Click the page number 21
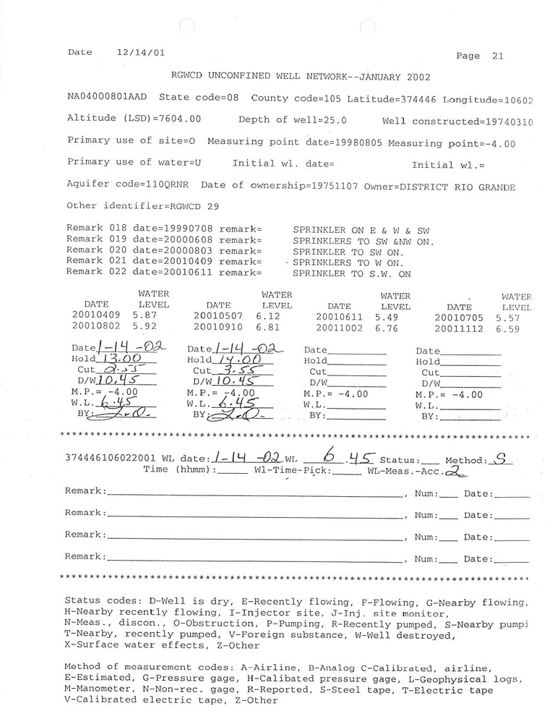497,56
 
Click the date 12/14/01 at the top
140,52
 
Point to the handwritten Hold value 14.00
238,358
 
